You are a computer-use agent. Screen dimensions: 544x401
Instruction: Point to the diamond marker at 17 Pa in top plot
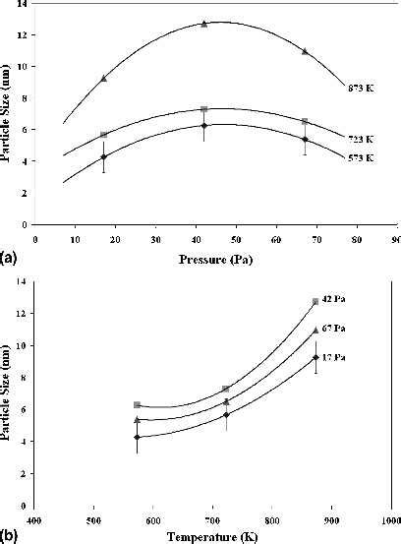click(103, 157)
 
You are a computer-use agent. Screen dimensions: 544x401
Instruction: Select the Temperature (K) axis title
click(211, 537)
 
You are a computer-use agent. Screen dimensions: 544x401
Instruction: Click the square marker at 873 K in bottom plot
click(315, 301)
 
